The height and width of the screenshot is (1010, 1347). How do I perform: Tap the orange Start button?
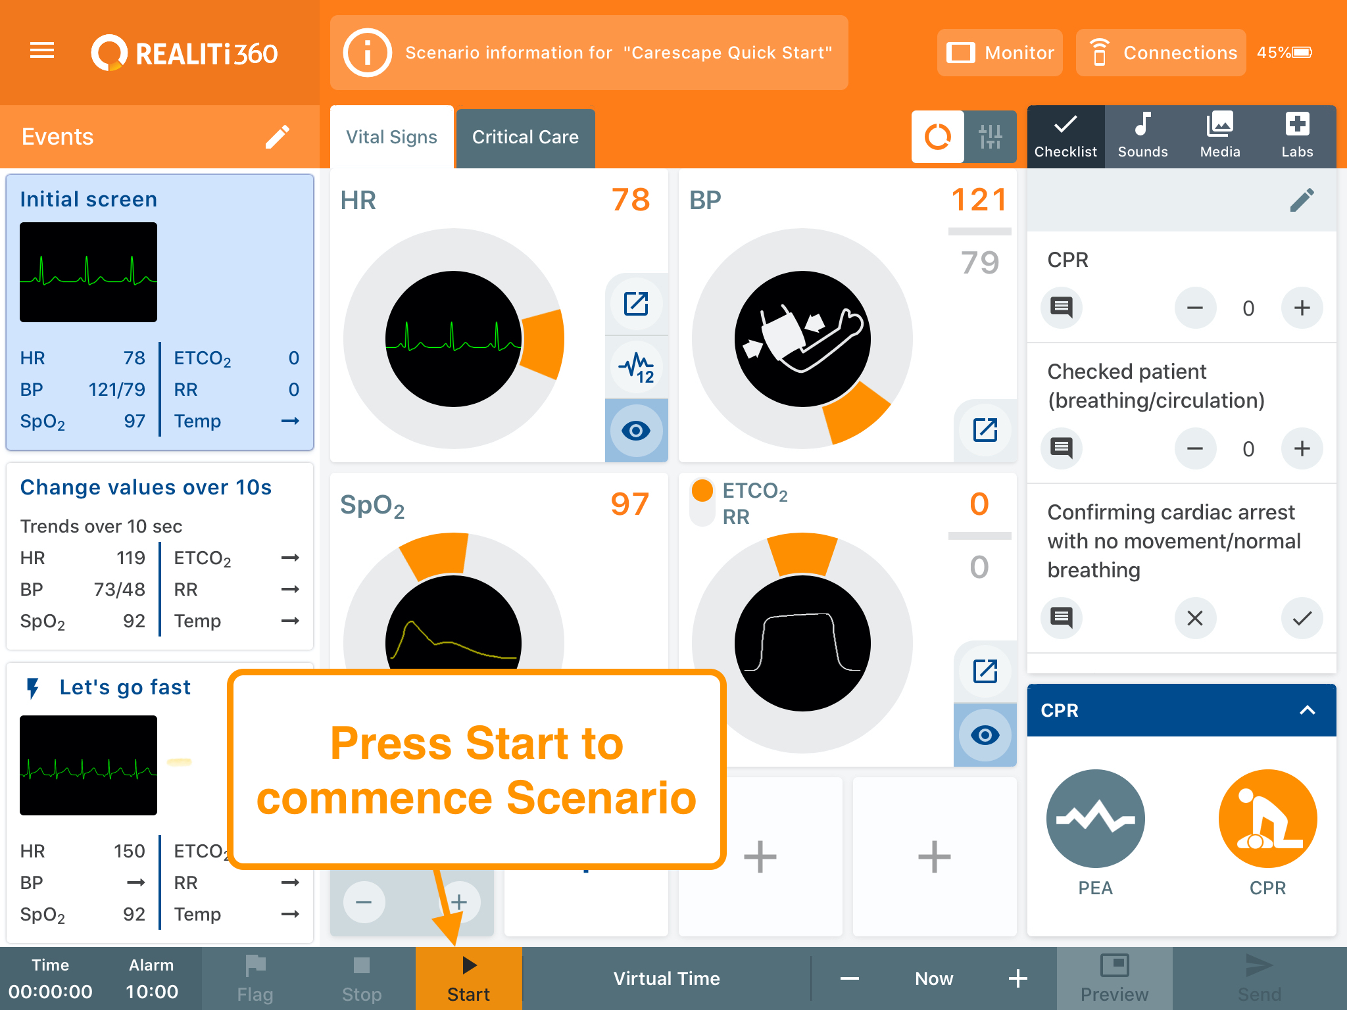(x=468, y=978)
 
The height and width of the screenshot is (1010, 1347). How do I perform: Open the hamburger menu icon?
(x=42, y=51)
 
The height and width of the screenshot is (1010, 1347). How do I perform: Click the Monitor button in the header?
(x=1000, y=53)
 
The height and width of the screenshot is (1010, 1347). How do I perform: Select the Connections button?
(x=1161, y=53)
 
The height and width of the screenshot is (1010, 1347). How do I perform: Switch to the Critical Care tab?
(x=526, y=137)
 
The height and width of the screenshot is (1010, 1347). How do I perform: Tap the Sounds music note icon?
(x=1143, y=124)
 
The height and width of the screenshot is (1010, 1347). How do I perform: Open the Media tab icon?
(x=1220, y=124)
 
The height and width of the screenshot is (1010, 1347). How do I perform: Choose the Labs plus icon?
(x=1297, y=124)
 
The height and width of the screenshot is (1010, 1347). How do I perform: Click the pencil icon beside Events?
(x=278, y=137)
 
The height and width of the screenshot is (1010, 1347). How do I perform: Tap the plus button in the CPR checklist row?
(x=1302, y=308)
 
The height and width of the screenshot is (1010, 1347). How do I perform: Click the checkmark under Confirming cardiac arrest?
(x=1302, y=618)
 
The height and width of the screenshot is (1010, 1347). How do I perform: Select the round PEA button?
(x=1096, y=819)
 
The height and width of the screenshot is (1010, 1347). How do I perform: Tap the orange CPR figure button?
(x=1267, y=819)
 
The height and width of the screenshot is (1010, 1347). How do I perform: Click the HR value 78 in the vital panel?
(x=631, y=200)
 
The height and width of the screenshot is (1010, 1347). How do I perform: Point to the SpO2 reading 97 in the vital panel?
(x=630, y=504)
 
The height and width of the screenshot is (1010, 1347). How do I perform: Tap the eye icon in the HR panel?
(x=636, y=431)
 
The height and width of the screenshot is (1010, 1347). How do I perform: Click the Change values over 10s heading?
(x=146, y=487)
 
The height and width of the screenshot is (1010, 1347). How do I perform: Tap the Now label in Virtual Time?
(x=934, y=978)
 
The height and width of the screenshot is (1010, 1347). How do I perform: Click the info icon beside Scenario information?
(x=367, y=53)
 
